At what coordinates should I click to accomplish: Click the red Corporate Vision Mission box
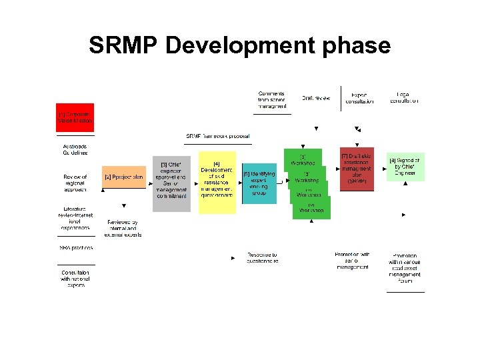[x=75, y=117]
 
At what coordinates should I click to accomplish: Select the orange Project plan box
[x=124, y=177]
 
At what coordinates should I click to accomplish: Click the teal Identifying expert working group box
[x=259, y=183]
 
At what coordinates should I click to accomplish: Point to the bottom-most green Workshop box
[x=311, y=208]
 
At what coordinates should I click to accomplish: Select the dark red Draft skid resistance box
[x=357, y=169]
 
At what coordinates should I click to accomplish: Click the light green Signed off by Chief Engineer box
[x=405, y=167]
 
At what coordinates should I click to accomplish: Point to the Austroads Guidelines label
[x=75, y=149]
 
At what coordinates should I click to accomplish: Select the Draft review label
[x=316, y=98]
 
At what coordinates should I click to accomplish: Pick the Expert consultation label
[x=359, y=98]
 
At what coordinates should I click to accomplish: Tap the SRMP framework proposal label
[x=218, y=137]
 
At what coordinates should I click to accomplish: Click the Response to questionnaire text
[x=262, y=258]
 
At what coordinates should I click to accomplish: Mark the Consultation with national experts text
[x=75, y=279]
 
